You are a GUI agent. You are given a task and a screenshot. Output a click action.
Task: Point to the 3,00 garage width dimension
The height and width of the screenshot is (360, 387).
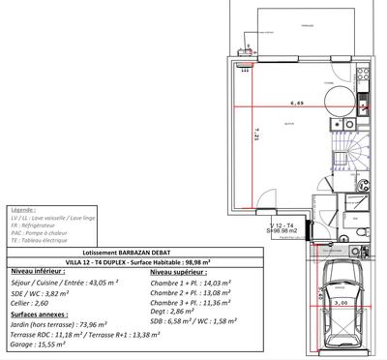coord(340,304)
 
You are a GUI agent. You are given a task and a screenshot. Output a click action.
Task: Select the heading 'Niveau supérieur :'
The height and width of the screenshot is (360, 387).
coord(181,272)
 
